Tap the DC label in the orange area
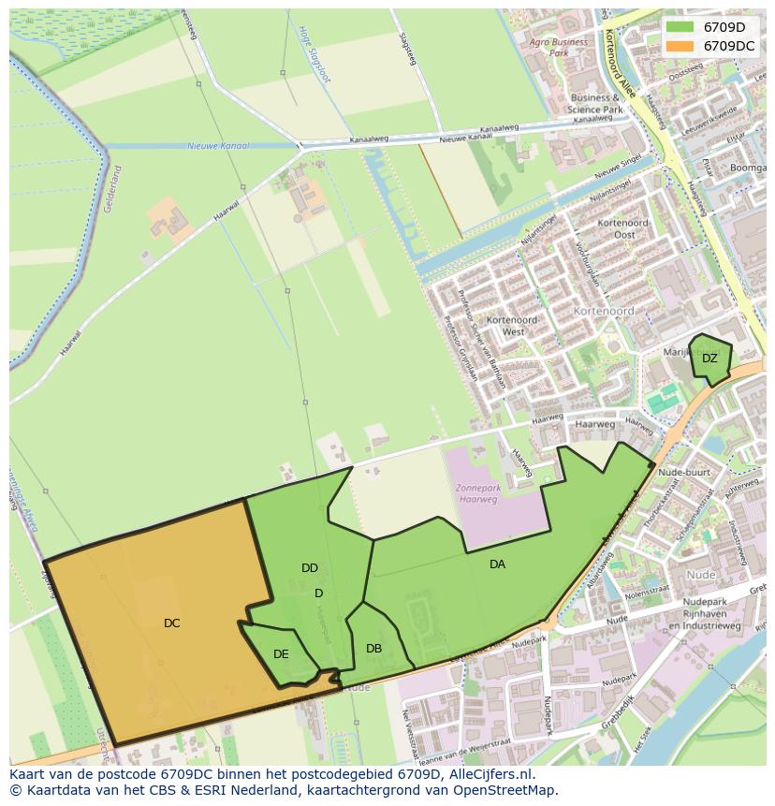(171, 623)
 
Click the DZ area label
(709, 359)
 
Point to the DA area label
(497, 564)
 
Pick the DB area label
(373, 648)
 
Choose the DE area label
(281, 653)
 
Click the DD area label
(310, 567)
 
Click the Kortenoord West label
(513, 326)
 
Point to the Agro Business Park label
(559, 48)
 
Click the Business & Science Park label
(595, 103)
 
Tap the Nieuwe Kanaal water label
(215, 146)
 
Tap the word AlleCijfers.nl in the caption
(490, 774)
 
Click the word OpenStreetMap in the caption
(505, 790)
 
